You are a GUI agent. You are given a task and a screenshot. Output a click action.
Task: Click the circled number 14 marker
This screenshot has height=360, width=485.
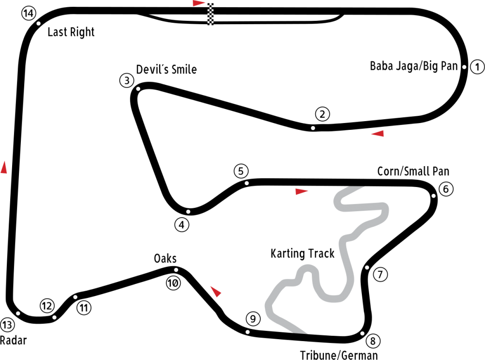29,13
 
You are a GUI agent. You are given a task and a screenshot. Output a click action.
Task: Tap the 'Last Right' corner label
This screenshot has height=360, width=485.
71,32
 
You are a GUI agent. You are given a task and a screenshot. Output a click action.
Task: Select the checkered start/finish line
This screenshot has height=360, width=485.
210,14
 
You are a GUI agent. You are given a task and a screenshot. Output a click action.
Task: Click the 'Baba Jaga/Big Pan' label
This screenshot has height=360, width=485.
414,66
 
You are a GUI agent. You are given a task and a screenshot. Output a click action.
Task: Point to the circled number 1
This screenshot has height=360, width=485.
477,67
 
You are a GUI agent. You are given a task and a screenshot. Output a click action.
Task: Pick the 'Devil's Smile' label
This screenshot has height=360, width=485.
166,69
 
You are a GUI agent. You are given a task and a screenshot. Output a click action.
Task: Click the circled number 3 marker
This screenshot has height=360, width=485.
127,80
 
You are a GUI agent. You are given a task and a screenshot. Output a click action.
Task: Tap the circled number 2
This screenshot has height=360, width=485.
323,114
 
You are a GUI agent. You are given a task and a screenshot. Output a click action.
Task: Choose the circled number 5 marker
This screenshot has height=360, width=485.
241,171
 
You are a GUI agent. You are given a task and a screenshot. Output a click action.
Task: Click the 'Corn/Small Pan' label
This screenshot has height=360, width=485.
413,171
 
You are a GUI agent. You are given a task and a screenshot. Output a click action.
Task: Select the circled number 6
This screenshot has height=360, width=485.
446,189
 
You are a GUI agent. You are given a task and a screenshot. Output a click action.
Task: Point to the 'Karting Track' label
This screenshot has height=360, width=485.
303,253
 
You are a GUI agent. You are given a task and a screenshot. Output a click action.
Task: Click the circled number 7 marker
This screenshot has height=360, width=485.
380,274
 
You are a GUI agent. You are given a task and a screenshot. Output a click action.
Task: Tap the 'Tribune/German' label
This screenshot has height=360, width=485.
339,355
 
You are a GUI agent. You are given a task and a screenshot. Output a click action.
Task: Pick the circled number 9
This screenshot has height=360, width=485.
253,318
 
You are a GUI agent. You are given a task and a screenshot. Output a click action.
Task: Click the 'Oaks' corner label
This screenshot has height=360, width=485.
165,258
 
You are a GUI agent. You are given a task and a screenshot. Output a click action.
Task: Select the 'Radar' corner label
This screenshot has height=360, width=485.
13,340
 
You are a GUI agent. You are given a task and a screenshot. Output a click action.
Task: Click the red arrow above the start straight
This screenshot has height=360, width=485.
198,3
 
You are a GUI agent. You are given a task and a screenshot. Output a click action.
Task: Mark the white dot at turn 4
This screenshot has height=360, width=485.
188,212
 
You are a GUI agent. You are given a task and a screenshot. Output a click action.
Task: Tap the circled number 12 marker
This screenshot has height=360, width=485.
47,306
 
